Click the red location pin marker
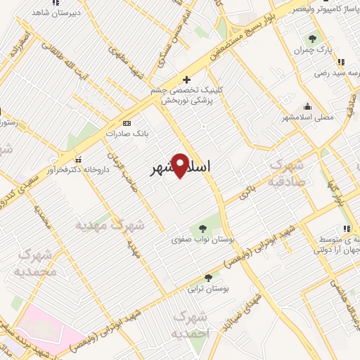tap(181, 165)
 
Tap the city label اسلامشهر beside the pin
tap(181, 169)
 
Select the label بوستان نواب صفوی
tap(202, 240)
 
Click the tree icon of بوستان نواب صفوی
tap(202, 228)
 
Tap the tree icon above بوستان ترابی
tap(207, 277)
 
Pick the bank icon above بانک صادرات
tap(127, 122)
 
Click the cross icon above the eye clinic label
tap(186, 79)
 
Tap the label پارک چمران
tap(311, 50)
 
